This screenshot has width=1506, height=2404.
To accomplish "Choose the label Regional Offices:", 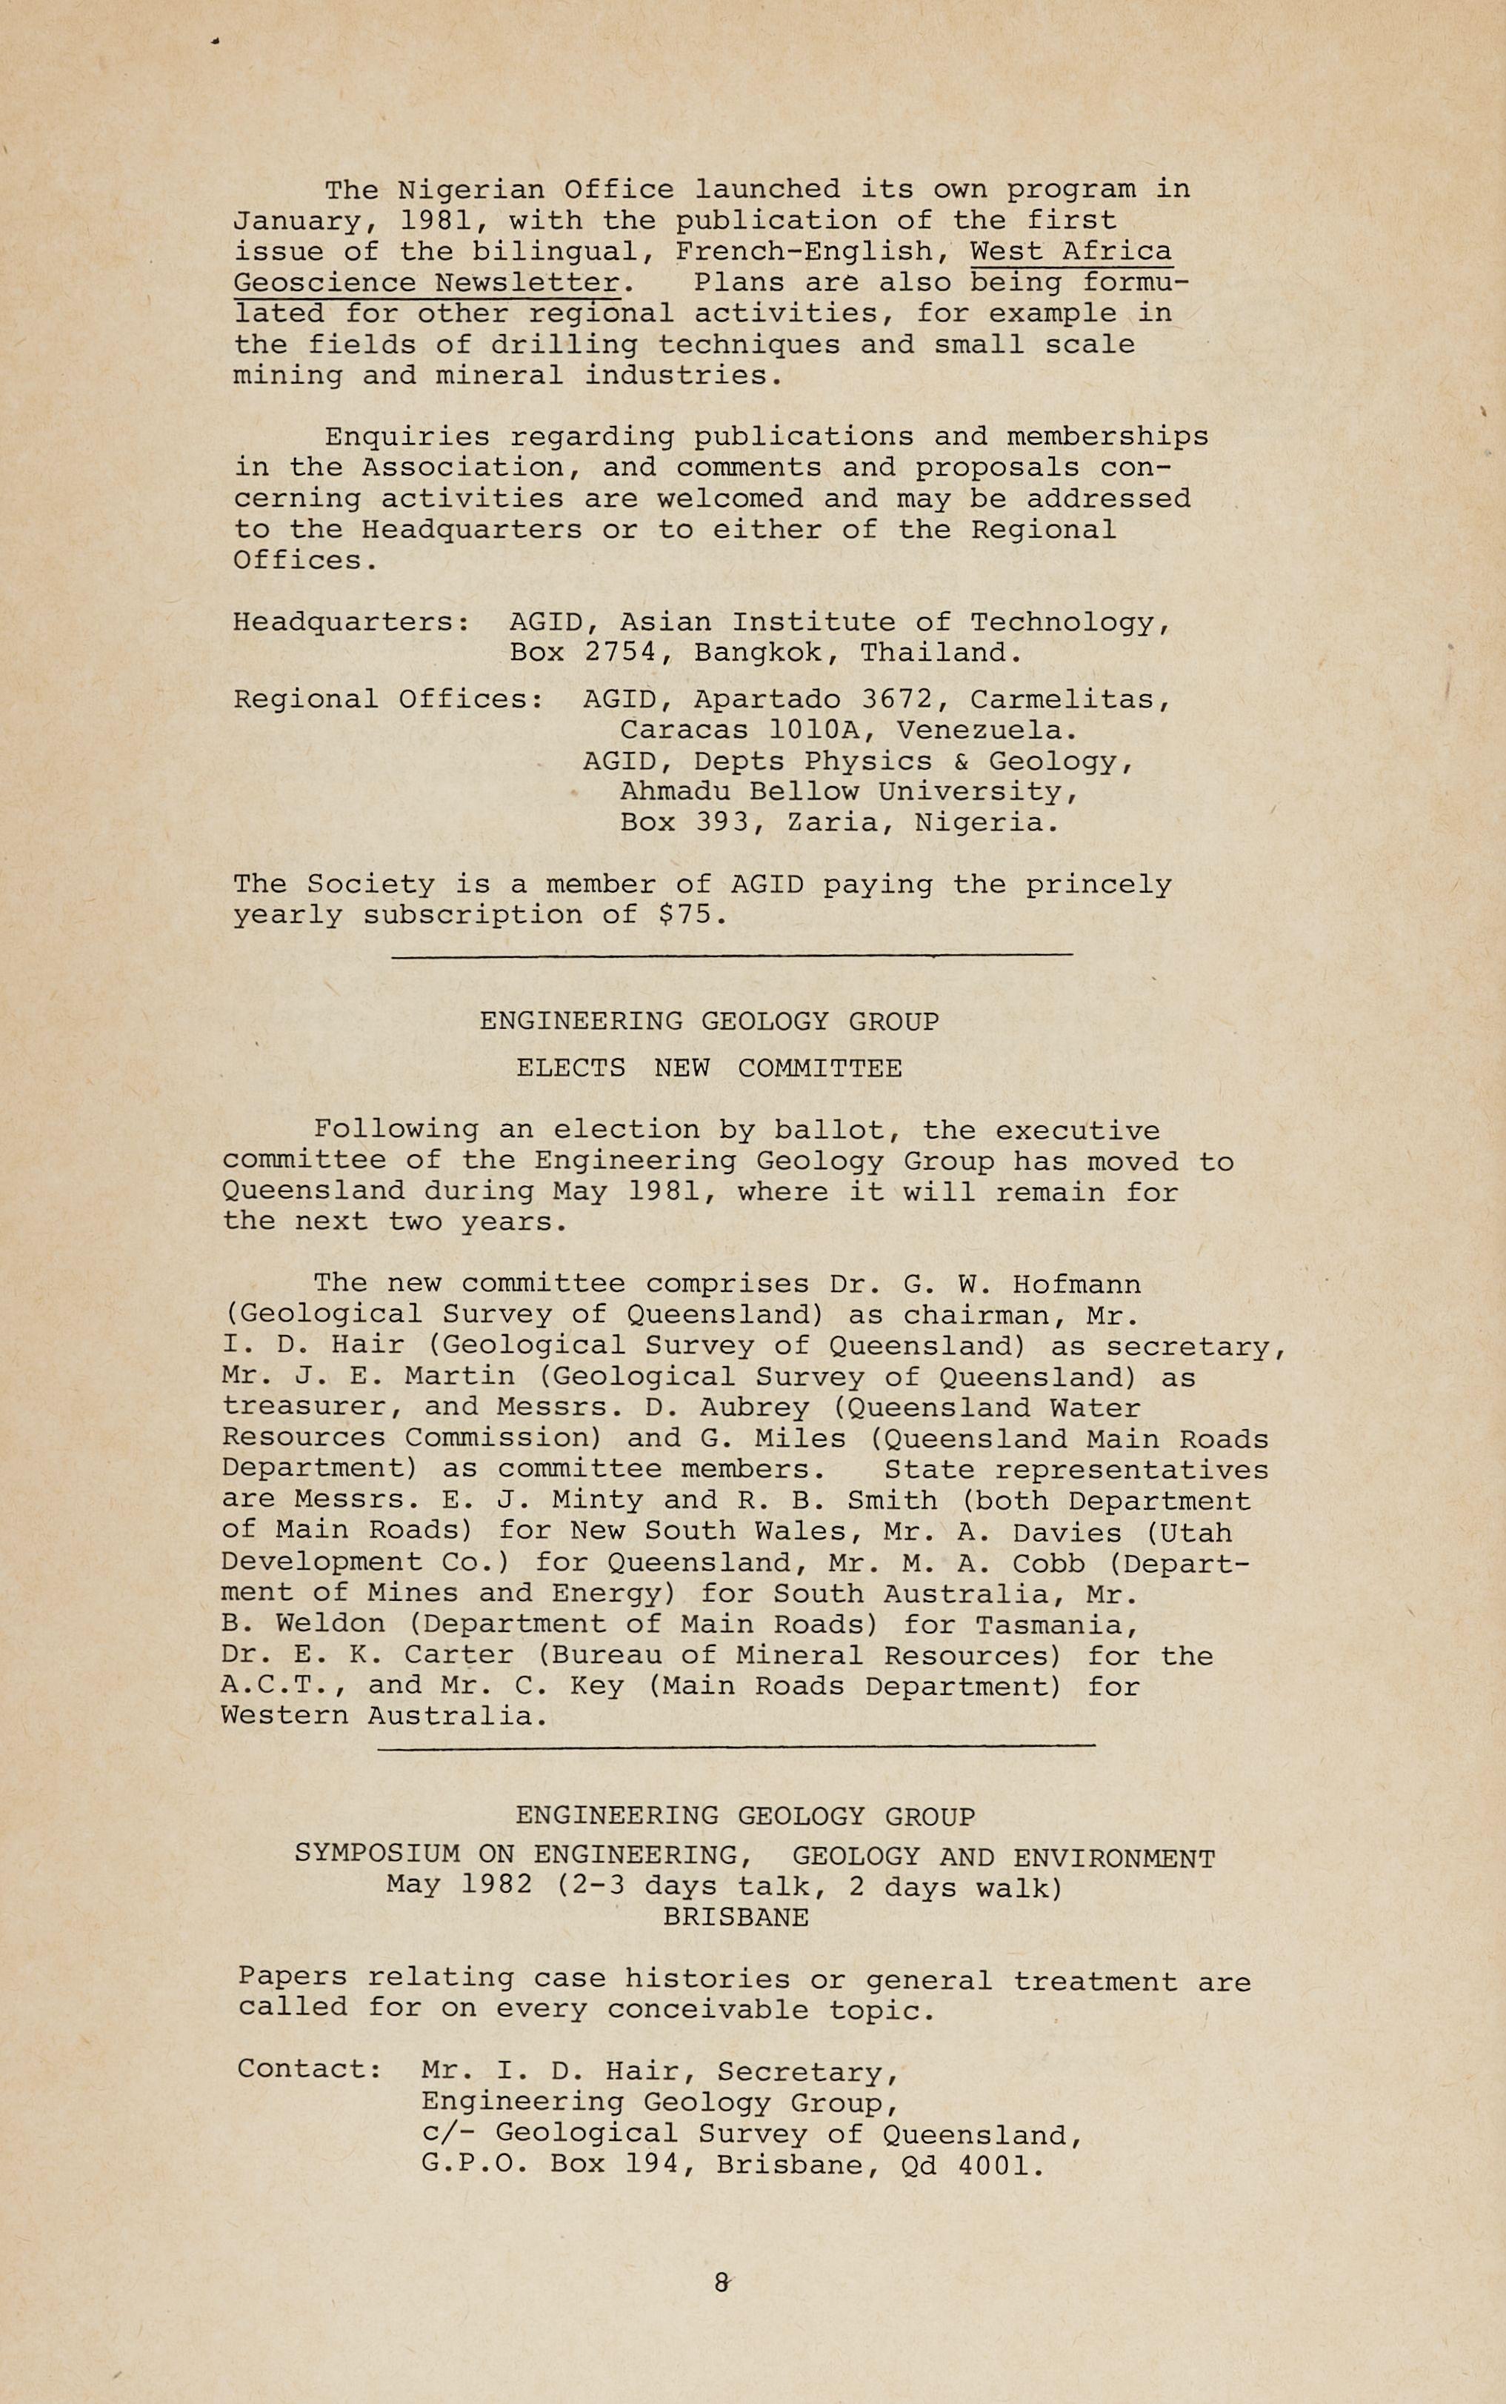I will (388, 699).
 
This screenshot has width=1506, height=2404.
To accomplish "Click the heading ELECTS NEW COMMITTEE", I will (709, 1068).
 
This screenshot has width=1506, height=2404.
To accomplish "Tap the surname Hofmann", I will (1076, 1285).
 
